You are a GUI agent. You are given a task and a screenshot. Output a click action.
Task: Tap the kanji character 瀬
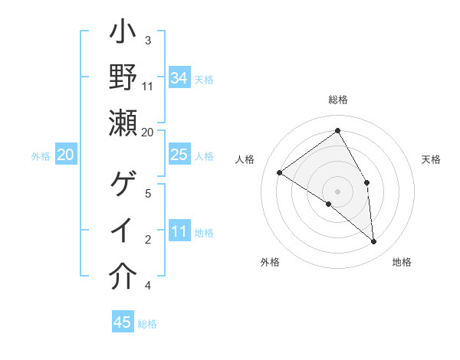click(x=123, y=123)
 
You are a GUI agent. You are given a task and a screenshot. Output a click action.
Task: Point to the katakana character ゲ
click(x=123, y=185)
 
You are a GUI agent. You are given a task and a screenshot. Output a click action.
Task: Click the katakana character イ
click(x=123, y=231)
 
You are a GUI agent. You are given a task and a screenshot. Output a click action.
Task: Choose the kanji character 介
click(x=123, y=277)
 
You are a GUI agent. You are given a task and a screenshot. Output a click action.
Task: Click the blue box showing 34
click(x=179, y=78)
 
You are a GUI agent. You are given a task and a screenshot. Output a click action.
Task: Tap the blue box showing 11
click(x=179, y=231)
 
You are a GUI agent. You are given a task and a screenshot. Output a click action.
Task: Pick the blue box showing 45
click(x=123, y=322)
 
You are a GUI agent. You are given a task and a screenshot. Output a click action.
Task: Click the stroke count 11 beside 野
click(x=148, y=86)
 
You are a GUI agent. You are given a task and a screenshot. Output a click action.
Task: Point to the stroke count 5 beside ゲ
click(x=148, y=194)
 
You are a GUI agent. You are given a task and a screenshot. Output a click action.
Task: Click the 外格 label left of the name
click(x=41, y=156)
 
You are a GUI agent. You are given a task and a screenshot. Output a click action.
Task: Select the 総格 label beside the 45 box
click(x=147, y=324)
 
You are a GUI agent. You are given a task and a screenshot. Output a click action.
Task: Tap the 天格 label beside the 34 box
click(x=204, y=80)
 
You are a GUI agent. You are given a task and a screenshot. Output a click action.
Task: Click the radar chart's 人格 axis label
click(x=245, y=159)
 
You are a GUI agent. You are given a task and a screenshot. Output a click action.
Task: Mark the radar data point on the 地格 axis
click(x=374, y=242)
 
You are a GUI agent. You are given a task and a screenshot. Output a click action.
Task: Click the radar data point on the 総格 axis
click(x=337, y=130)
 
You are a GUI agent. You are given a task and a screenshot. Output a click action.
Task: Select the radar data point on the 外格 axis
click(x=329, y=204)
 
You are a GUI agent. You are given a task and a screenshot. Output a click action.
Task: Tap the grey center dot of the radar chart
click(x=337, y=190)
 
